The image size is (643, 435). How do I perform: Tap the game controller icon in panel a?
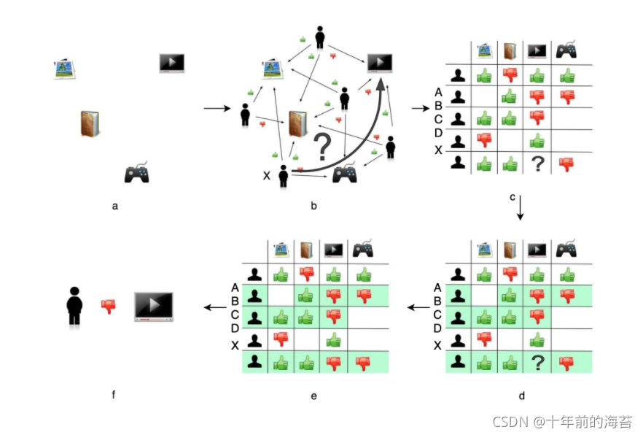(x=137, y=173)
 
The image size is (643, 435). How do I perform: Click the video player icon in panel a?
(x=172, y=63)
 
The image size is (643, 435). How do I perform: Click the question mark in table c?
(x=537, y=164)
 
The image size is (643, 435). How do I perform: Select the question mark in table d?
(x=537, y=362)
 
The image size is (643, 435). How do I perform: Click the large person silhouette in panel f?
(x=73, y=306)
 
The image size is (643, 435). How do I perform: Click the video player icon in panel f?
(x=154, y=307)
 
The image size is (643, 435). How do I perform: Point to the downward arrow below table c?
(x=521, y=209)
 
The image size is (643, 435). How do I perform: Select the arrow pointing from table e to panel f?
(x=214, y=307)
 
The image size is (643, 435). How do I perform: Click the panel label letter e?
(x=313, y=396)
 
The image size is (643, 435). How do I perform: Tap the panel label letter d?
(x=521, y=396)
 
